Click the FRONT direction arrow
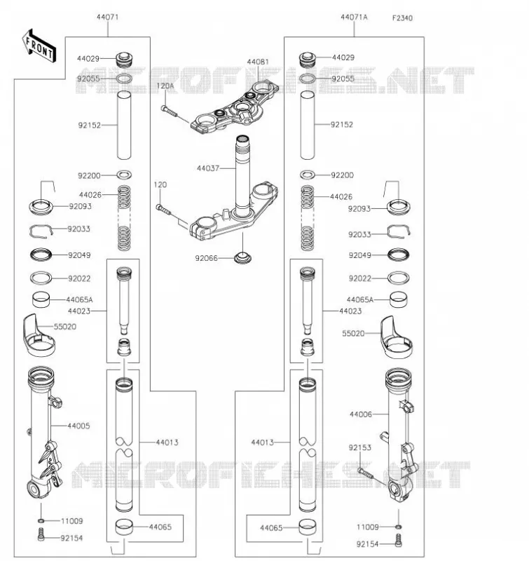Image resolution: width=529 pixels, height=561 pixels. [x=39, y=46]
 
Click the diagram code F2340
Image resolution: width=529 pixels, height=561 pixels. [x=402, y=18]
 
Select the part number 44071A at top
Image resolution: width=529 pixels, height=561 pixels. [x=354, y=17]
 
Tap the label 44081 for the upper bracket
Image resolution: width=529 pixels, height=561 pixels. [x=258, y=62]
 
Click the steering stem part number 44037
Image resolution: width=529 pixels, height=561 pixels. [x=208, y=168]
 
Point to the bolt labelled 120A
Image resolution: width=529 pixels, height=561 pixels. [x=169, y=111]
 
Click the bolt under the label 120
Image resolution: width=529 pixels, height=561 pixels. [x=164, y=210]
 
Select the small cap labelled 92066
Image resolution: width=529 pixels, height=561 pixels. [x=242, y=257]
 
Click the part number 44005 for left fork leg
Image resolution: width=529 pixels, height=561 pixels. [x=78, y=426]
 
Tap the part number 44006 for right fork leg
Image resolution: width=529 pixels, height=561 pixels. [x=361, y=414]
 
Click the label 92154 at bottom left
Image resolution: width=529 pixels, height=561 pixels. [x=71, y=538]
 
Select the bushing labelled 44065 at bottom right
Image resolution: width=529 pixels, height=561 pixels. [x=308, y=527]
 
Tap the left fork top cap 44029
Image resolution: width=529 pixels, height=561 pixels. [x=125, y=60]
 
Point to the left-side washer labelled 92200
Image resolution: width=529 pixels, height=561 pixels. [x=124, y=175]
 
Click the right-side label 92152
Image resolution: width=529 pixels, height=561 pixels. [x=342, y=125]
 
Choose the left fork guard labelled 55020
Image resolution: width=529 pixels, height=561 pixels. [x=39, y=335]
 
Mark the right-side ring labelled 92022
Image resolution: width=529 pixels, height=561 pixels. [x=399, y=278]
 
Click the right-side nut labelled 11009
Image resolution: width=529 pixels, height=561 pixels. [x=398, y=527]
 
